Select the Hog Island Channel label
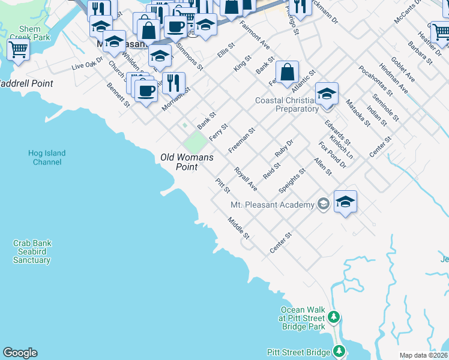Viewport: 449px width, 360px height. tap(47, 157)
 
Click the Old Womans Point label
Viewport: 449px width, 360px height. tap(187, 162)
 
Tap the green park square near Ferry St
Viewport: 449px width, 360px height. tap(194, 142)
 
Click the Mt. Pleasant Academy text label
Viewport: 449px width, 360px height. tap(273, 205)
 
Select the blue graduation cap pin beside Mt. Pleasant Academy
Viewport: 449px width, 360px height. tap(345, 202)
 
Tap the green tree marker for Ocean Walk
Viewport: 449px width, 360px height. tap(334, 316)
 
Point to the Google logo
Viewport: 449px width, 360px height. tap(19, 353)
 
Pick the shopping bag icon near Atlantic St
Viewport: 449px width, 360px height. tap(288, 73)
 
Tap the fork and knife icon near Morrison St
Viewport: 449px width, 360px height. tap(173, 83)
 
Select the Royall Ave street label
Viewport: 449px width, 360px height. tap(246, 179)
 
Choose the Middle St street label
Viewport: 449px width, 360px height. tap(238, 229)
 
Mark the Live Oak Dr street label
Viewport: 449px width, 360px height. tap(88, 65)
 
